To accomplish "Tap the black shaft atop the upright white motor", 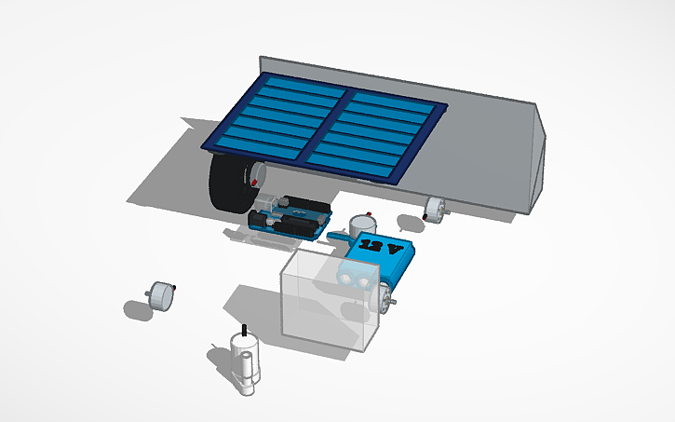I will tap(244, 331).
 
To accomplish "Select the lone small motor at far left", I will tap(164, 296).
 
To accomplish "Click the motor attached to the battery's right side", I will tap(384, 298).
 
